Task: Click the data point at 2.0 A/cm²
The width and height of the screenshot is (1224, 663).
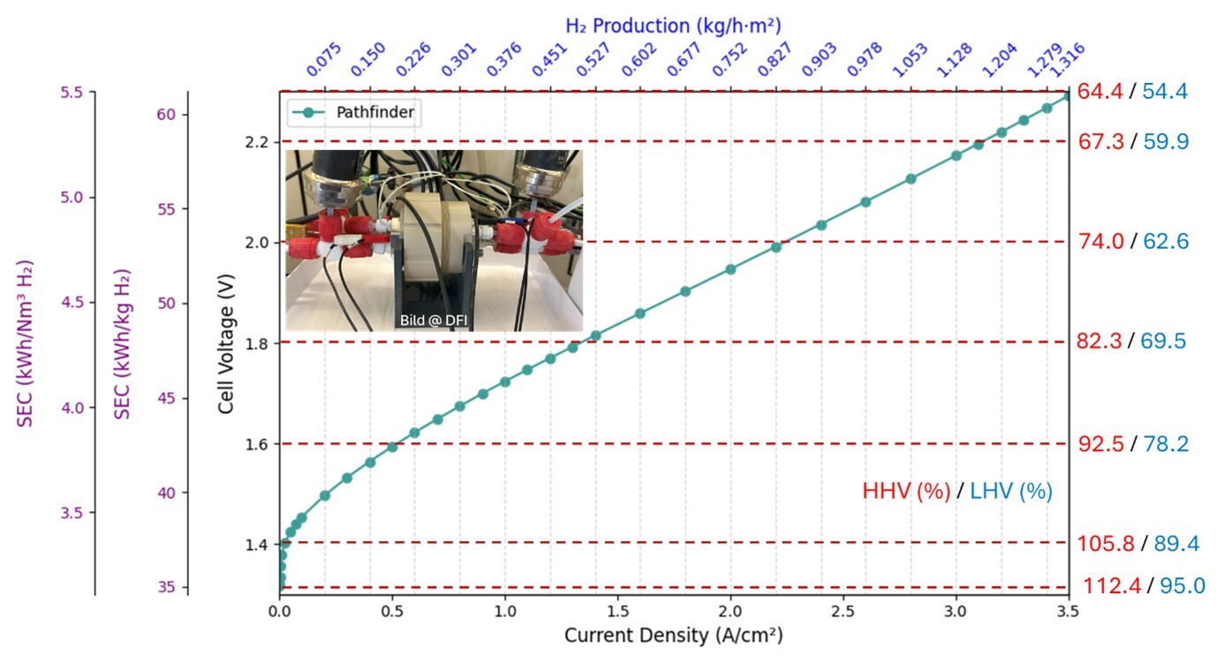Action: [x=730, y=269]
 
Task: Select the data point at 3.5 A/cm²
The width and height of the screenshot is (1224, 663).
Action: [x=1068, y=94]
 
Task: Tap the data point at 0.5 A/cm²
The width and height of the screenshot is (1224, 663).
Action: [x=392, y=447]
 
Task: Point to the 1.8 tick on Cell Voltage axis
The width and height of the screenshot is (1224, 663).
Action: [x=255, y=343]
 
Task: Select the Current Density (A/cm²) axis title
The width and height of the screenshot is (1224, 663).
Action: [x=674, y=635]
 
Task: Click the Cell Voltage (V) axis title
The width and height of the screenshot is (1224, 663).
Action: [x=227, y=343]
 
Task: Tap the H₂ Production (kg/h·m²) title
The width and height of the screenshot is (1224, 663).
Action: [x=673, y=26]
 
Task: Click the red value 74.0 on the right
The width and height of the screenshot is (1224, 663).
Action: [x=1100, y=242]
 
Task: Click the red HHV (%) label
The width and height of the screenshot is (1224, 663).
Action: [x=906, y=491]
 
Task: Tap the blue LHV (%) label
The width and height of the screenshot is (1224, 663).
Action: [x=1011, y=491]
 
